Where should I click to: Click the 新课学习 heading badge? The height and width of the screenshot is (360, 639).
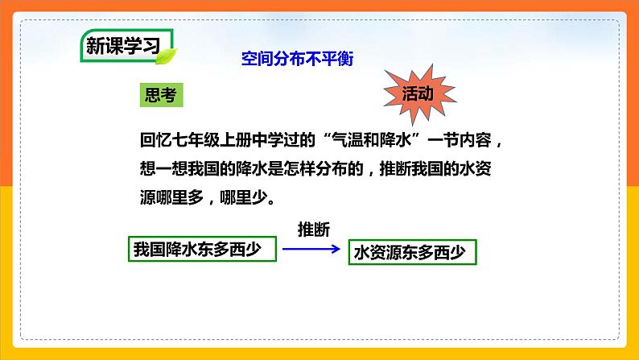click(x=123, y=47)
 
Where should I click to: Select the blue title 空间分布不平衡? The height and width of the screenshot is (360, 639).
click(x=297, y=59)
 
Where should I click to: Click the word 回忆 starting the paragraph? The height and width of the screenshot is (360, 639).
click(x=149, y=139)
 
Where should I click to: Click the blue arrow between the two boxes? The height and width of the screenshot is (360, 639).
click(x=311, y=250)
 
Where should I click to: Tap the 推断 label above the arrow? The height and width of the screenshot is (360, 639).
click(x=314, y=229)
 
